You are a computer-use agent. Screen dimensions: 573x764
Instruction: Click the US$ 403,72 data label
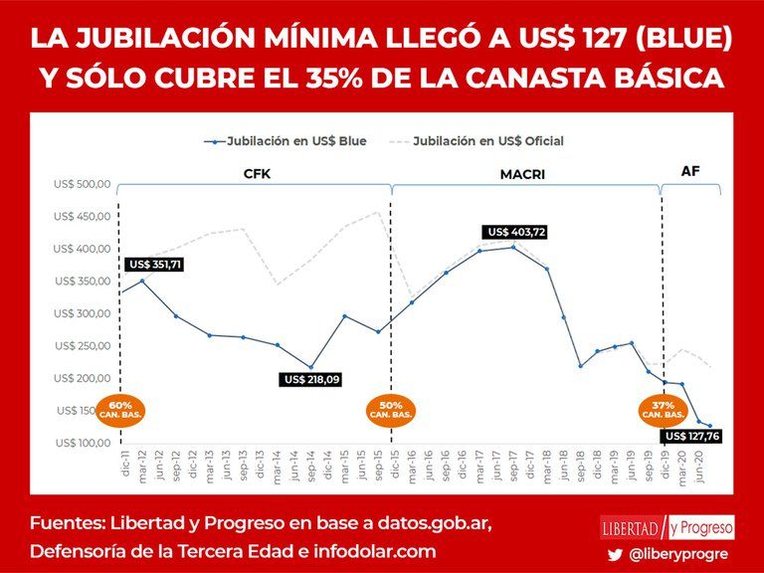click(x=516, y=232)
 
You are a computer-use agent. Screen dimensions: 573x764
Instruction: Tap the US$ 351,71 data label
click(x=154, y=265)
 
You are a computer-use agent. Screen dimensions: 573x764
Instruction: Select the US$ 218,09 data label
click(x=311, y=379)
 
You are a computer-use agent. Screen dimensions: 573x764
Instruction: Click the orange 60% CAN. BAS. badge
click(x=120, y=410)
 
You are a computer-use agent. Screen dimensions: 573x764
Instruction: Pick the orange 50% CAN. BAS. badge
click(x=391, y=410)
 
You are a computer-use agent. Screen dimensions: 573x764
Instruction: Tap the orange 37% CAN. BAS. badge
click(x=662, y=410)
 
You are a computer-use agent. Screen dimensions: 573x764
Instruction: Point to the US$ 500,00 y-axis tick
click(x=82, y=185)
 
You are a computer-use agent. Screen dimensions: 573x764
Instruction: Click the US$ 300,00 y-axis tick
click(x=82, y=313)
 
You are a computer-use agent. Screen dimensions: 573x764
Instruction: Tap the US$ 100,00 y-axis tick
click(x=82, y=443)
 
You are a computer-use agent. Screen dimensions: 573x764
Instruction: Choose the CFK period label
click(x=257, y=174)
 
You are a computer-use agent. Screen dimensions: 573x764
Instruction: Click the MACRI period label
click(x=522, y=174)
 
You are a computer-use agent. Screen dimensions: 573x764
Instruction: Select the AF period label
click(x=690, y=171)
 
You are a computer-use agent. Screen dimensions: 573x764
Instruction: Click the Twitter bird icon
click(x=616, y=555)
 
